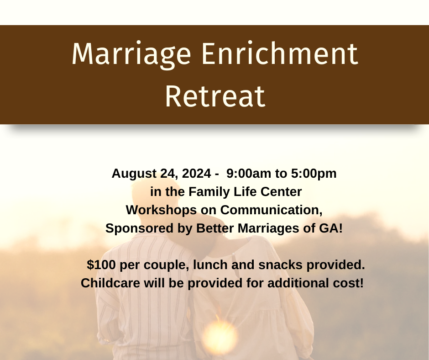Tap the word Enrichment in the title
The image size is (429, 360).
click(x=280, y=55)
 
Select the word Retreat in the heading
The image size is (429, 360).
click(x=214, y=96)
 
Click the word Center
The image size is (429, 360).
click(x=282, y=192)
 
